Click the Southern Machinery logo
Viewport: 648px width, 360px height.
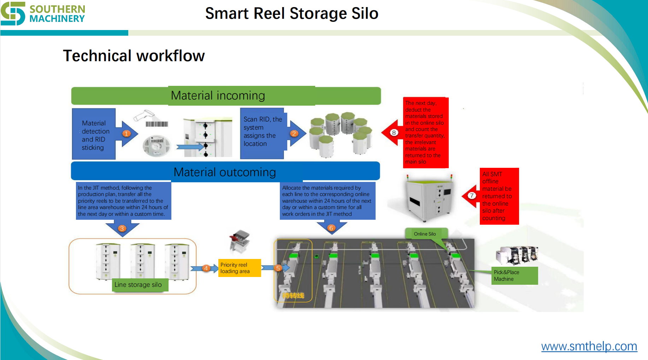tap(43, 13)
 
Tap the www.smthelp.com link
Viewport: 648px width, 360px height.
tap(589, 346)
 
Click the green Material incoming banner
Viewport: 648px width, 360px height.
tap(226, 96)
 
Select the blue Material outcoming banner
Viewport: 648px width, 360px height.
tap(225, 172)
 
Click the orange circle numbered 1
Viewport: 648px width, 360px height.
tap(126, 134)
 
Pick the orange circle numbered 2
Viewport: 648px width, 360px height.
tap(294, 134)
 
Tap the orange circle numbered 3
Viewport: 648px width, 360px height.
tap(122, 229)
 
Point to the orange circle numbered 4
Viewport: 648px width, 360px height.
tap(206, 268)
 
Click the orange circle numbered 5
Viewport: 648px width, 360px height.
tap(278, 268)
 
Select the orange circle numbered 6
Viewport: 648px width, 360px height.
tap(331, 228)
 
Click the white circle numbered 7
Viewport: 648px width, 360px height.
tap(472, 196)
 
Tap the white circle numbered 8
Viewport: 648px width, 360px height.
tap(394, 133)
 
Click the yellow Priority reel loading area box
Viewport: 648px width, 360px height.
tap(239, 268)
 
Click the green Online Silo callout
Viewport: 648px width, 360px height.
tap(425, 234)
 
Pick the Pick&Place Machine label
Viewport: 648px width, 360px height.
tap(514, 276)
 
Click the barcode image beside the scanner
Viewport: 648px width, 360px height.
tap(157, 124)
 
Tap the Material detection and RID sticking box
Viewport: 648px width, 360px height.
tap(94, 135)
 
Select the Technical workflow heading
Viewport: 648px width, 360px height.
tap(134, 56)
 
